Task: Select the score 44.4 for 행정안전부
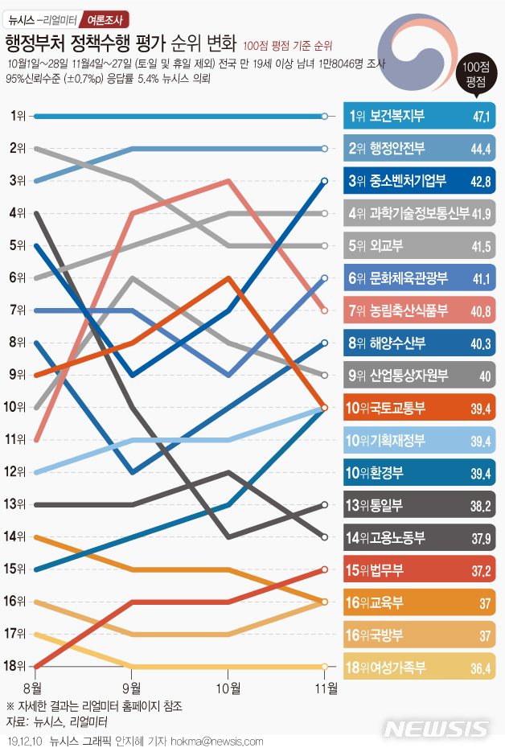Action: (481, 150)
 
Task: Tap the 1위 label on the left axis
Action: (16, 116)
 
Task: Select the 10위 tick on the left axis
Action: (16, 407)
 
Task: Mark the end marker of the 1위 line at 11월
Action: (324, 117)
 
